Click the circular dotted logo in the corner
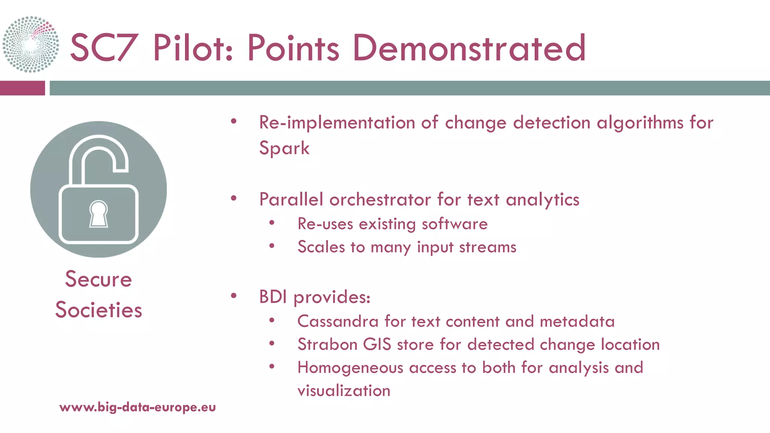[31, 44]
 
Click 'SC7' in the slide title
[103, 48]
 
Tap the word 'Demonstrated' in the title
[469, 48]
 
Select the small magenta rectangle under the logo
[22, 88]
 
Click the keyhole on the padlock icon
[99, 214]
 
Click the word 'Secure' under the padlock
[99, 279]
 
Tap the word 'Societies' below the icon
[99, 310]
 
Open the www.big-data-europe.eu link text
[138, 407]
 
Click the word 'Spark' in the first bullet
[284, 148]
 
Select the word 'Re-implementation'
[336, 123]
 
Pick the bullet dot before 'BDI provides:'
[233, 296]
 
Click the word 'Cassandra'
[338, 321]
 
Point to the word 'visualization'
[344, 391]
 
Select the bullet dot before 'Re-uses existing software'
[272, 223]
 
